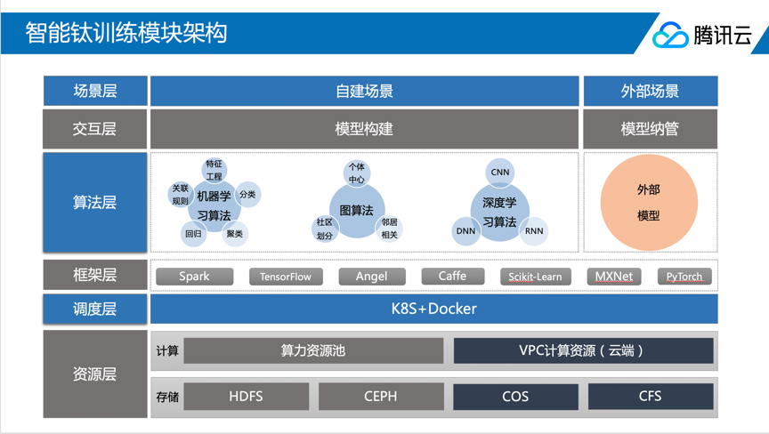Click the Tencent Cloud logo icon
[669, 35]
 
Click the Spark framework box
[194, 277]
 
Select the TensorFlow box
[286, 277]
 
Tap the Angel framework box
[372, 277]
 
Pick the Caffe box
[452, 277]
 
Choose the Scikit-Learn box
[535, 277]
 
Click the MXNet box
[614, 277]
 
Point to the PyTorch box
[684, 277]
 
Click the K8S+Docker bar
[433, 309]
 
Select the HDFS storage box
[246, 397]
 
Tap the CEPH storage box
[380, 397]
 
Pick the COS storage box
[515, 397]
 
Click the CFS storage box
[650, 397]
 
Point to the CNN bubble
[500, 173]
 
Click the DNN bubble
[466, 231]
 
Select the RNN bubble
[534, 231]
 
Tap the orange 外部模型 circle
[648, 203]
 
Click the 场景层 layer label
[95, 91]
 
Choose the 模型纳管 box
[650, 129]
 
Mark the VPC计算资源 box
[583, 350]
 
